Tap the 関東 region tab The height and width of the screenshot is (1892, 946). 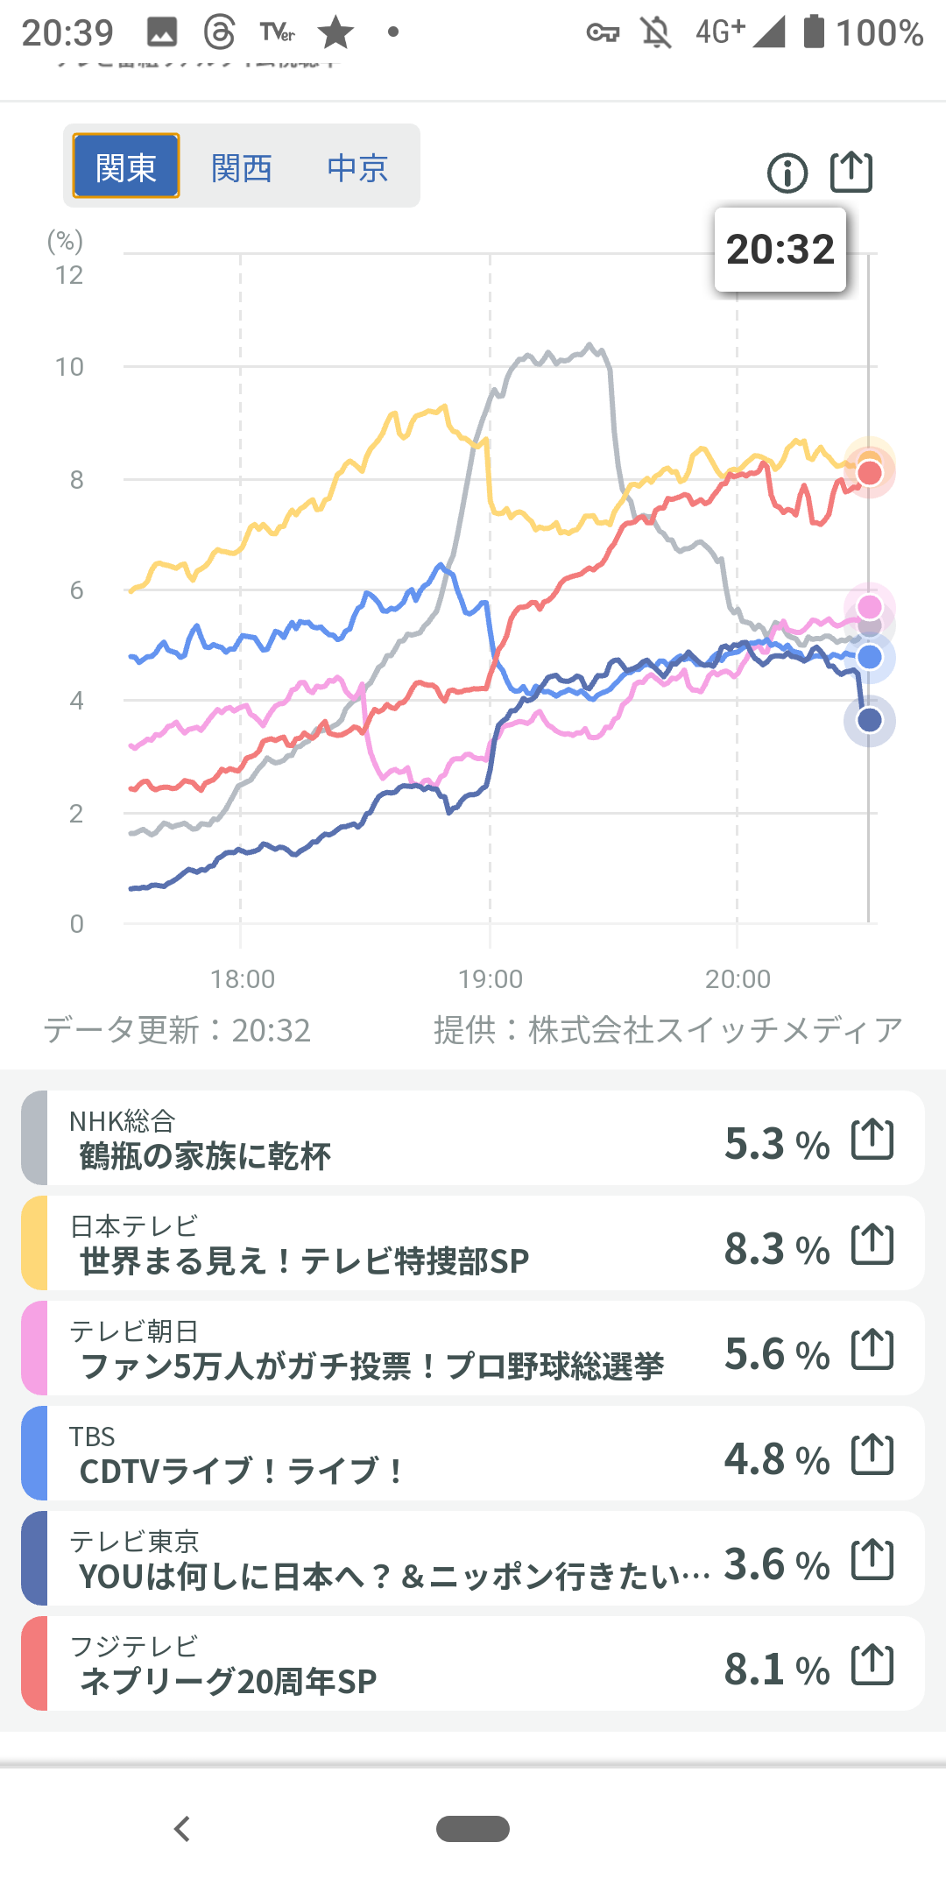click(126, 166)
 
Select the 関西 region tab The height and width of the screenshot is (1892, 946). click(242, 167)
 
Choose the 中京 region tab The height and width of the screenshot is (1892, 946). click(357, 167)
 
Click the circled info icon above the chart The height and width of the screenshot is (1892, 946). click(787, 173)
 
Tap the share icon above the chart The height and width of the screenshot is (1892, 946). click(851, 171)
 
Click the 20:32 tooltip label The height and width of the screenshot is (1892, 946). click(780, 250)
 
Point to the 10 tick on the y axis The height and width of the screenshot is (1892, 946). click(70, 367)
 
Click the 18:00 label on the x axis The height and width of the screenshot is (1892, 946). click(243, 978)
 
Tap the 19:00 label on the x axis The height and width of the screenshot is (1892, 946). click(491, 978)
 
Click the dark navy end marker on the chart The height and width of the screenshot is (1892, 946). click(869, 720)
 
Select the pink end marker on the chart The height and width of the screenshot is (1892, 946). click(869, 606)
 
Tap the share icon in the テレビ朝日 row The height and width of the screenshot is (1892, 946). click(872, 1349)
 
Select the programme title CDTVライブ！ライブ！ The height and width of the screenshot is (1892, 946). click(241, 1471)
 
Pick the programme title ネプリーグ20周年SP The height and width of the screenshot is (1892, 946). click(229, 1681)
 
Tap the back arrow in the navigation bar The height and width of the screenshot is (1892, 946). click(182, 1829)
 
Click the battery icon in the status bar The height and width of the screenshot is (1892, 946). click(815, 32)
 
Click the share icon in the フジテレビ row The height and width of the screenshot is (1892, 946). click(872, 1664)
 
